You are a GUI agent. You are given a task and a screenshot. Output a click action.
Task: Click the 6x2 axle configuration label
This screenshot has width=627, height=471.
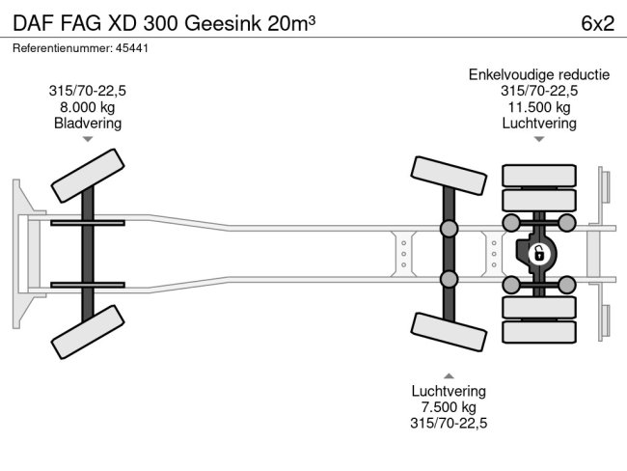[596, 23]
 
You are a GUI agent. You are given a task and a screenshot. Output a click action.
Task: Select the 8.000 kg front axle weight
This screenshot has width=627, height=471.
[88, 107]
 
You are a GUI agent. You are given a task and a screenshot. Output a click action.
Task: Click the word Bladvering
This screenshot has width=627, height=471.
[88, 124]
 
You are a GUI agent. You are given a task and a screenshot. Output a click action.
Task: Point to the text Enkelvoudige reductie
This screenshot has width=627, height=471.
[539, 74]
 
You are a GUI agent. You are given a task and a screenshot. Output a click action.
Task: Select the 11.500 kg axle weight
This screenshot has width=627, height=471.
[539, 107]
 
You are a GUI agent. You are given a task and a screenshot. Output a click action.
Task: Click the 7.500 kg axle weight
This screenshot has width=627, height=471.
[449, 407]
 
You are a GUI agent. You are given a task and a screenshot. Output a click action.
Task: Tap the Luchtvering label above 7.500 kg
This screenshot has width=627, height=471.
[449, 391]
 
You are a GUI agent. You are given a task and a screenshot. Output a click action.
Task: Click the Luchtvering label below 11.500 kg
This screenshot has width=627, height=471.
[539, 124]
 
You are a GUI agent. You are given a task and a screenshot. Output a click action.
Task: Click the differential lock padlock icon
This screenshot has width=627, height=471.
[538, 254]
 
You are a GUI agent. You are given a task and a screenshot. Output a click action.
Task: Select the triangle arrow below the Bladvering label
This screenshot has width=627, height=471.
[88, 140]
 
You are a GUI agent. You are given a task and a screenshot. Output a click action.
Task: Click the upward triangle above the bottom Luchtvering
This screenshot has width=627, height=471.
[449, 374]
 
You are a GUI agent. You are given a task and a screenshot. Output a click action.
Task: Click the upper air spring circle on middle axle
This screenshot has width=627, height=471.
[449, 229]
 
